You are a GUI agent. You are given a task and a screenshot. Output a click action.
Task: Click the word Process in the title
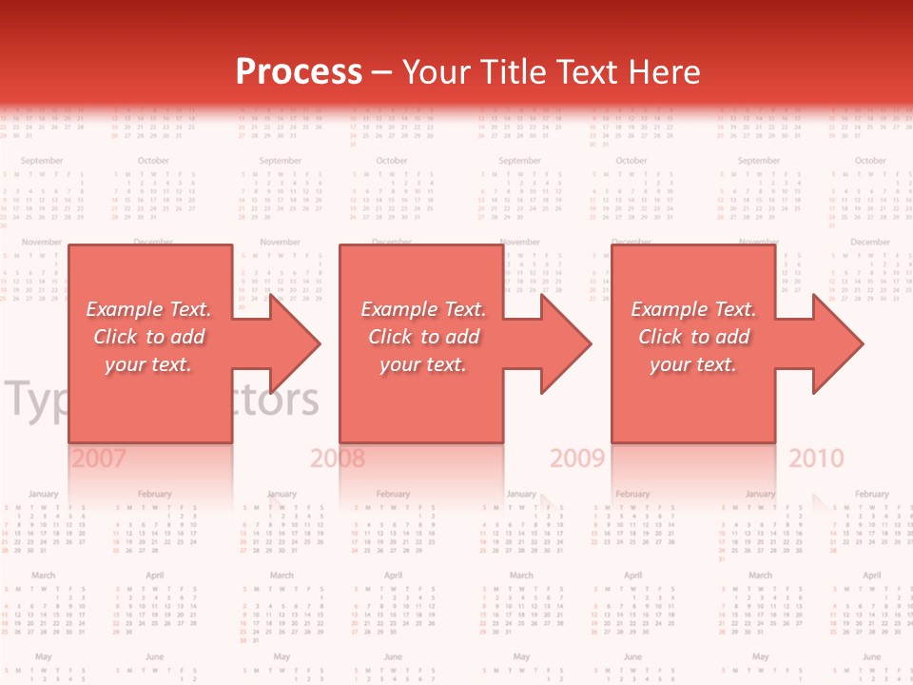coord(299,72)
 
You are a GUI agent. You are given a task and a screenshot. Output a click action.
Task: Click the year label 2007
coord(99,459)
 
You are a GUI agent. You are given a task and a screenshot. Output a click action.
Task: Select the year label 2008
coord(338,459)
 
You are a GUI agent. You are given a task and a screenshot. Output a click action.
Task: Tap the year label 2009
coord(577,459)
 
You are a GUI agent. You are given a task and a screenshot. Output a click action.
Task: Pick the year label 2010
coord(816,459)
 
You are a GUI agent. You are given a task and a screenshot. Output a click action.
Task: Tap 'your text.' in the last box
coord(693,364)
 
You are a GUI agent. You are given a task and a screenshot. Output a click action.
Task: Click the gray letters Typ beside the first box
coord(35,401)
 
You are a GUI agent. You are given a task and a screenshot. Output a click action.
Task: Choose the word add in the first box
coord(187,337)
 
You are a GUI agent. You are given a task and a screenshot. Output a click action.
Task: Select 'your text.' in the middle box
coord(422,364)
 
